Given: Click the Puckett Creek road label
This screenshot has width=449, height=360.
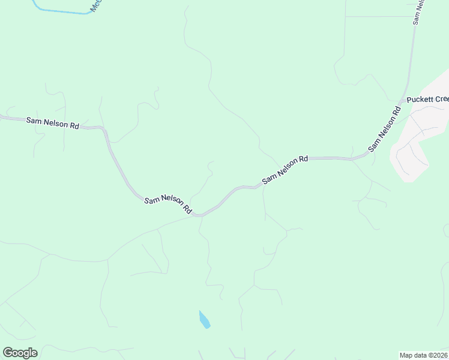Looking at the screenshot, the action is click(x=427, y=100).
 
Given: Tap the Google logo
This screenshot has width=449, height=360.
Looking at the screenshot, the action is click(x=20, y=353).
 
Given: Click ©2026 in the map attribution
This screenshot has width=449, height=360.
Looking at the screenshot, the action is click(x=438, y=355).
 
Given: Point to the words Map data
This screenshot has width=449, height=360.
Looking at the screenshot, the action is click(x=414, y=355).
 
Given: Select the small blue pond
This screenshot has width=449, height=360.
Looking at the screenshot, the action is click(x=204, y=319).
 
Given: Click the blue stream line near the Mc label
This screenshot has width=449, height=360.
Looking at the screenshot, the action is click(x=60, y=11).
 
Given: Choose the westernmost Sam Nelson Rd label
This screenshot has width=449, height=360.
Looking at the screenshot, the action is click(x=53, y=124).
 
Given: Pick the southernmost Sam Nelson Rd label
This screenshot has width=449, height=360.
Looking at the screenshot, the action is click(x=167, y=205).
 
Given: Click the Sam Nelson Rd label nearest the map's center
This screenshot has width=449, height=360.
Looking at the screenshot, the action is click(x=285, y=169).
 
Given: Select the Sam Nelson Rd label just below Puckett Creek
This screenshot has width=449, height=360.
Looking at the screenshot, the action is click(x=385, y=129).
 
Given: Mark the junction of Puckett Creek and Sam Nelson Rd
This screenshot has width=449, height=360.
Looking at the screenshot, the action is click(x=403, y=101).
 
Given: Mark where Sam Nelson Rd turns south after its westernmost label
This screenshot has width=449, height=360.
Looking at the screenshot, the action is click(x=105, y=130).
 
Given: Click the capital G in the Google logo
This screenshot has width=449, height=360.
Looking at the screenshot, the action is click(x=8, y=353).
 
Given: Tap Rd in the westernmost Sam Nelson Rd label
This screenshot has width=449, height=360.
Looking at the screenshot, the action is click(x=74, y=126).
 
